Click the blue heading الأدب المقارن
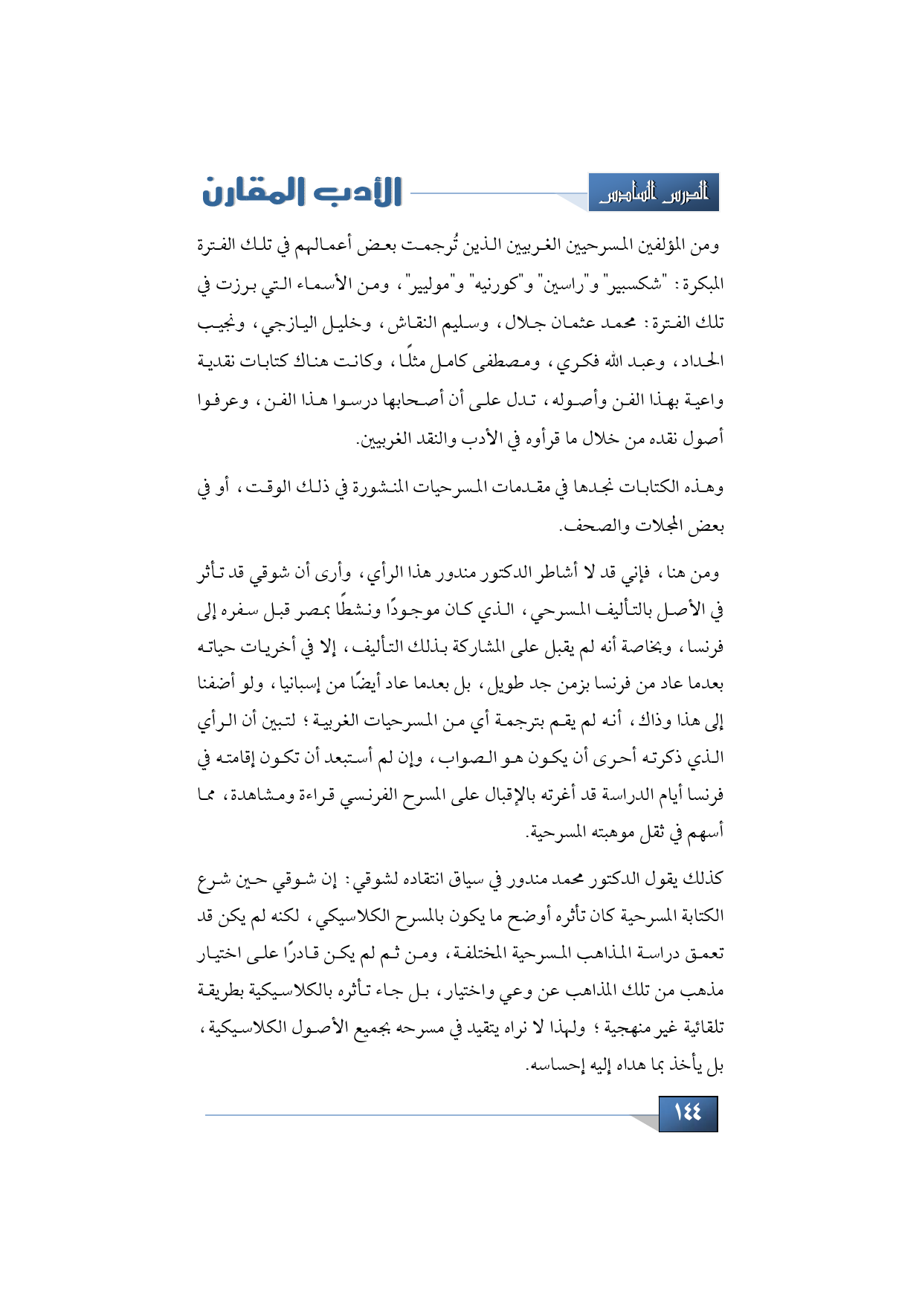(303, 193)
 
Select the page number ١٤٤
(688, 1113)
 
